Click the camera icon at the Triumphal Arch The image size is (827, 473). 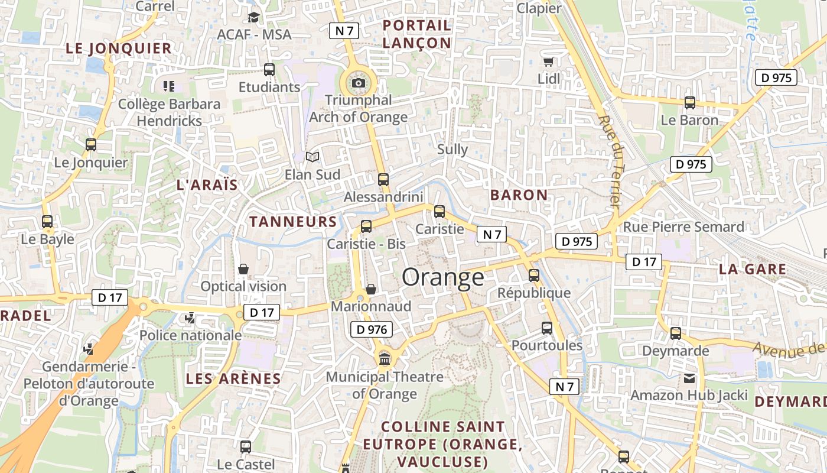click(358, 83)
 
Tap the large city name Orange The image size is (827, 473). click(443, 277)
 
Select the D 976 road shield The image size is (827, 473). click(372, 330)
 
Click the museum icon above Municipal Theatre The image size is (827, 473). click(385, 358)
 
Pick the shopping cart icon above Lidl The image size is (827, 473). click(548, 61)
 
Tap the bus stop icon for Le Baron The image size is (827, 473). click(689, 103)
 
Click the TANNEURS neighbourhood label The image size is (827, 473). click(293, 222)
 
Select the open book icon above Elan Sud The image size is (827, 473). click(312, 157)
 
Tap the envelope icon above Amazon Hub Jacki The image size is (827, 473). click(689, 378)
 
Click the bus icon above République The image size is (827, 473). click(534, 276)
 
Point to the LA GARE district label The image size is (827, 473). click(753, 270)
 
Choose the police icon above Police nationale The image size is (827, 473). click(190, 318)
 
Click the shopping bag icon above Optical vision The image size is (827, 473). click(243, 269)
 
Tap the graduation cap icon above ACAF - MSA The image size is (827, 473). click(254, 17)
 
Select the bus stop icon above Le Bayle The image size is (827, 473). click(47, 222)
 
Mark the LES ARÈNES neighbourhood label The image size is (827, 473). click(233, 378)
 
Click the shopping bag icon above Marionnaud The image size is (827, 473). click(371, 289)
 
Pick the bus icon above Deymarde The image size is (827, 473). click(676, 333)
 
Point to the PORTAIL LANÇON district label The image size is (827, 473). click(417, 34)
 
